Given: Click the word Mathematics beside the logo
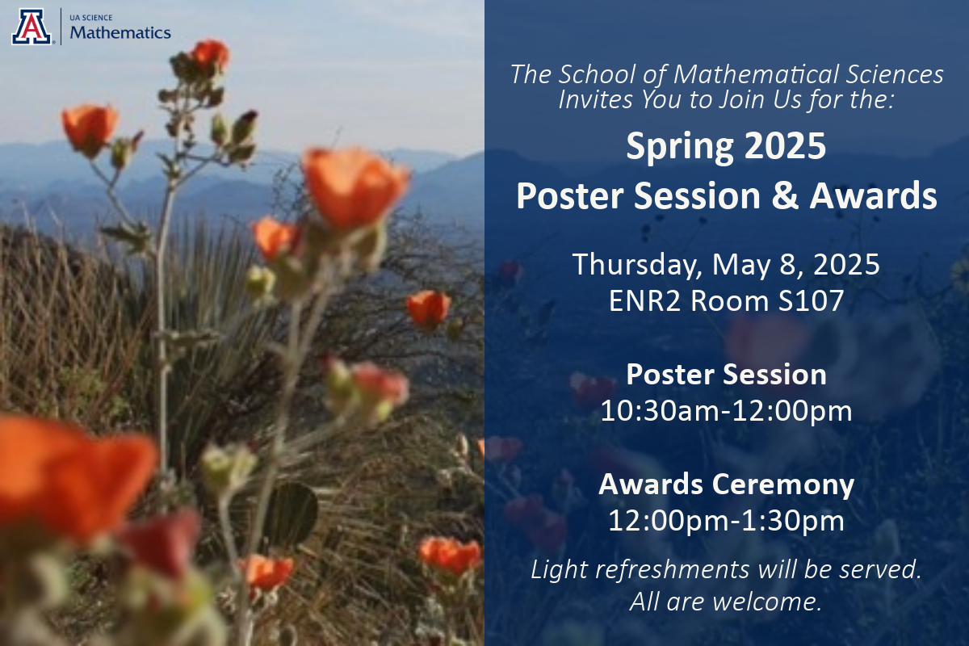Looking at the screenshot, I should (x=120, y=32).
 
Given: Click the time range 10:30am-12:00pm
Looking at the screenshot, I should (x=726, y=411).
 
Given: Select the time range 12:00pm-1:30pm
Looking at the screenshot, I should (x=726, y=521).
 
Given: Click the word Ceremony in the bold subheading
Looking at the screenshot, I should (x=783, y=484).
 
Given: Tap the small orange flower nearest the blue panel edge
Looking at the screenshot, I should (x=428, y=308).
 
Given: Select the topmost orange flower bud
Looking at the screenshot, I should (x=211, y=54).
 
